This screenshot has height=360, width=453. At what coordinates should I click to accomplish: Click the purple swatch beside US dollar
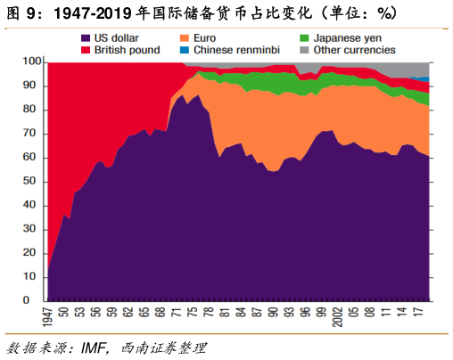click(x=86, y=38)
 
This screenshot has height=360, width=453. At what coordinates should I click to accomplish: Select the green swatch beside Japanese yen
click(x=304, y=38)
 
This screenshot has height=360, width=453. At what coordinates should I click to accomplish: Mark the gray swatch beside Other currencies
click(x=304, y=51)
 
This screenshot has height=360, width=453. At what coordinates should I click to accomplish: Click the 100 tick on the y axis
click(x=31, y=62)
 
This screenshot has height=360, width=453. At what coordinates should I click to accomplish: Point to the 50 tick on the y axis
click(x=34, y=182)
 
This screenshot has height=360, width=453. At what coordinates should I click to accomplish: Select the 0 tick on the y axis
click(x=37, y=301)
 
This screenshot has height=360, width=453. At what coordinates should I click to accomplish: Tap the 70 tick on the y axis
click(x=34, y=134)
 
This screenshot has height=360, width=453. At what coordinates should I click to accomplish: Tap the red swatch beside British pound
click(x=86, y=51)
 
